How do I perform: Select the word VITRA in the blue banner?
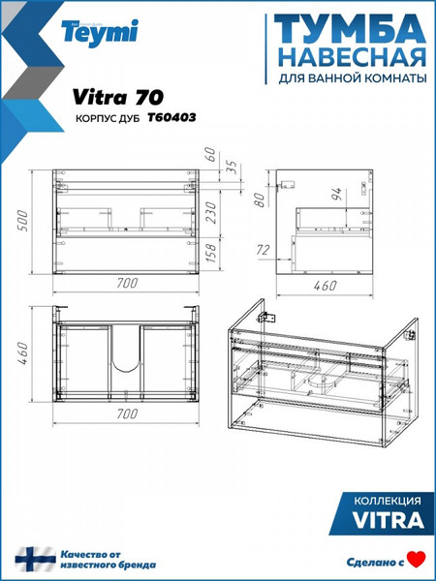pyautogui.click(x=385, y=521)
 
